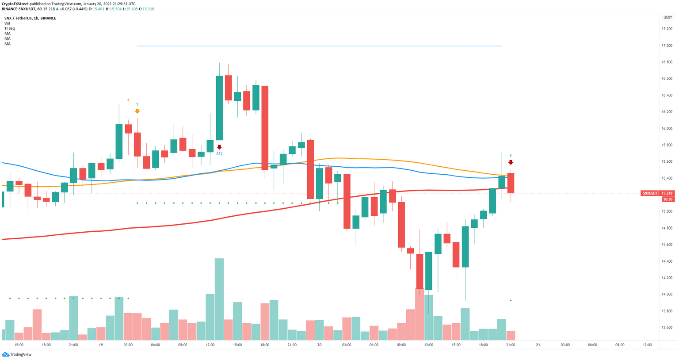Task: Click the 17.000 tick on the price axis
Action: tap(666, 46)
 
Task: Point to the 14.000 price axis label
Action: tap(666, 295)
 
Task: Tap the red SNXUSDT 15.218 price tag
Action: tap(658, 193)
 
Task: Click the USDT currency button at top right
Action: tap(667, 18)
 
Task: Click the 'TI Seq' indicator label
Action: tap(9, 28)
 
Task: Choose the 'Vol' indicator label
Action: tap(7, 23)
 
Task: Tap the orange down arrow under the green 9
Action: tap(137, 111)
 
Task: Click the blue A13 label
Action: tap(219, 153)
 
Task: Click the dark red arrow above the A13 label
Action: tap(219, 147)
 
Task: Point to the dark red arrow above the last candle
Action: tap(511, 162)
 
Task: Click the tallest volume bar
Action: tap(219, 299)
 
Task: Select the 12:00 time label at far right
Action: tap(647, 345)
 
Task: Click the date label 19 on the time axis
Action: tap(101, 345)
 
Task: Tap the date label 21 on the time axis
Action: tap(538, 345)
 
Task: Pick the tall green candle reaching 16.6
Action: tap(219, 108)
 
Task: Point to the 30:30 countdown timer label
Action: tap(667, 199)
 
